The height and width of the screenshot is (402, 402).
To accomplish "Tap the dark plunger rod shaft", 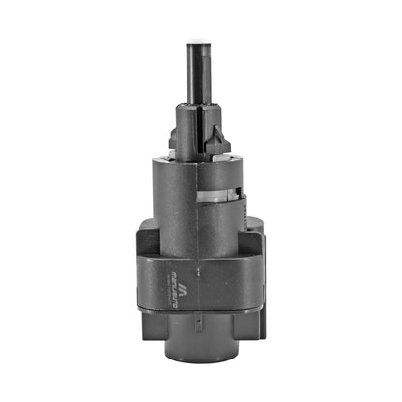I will tap(200, 77).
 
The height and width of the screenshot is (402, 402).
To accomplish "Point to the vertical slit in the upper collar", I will tap(203, 130).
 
